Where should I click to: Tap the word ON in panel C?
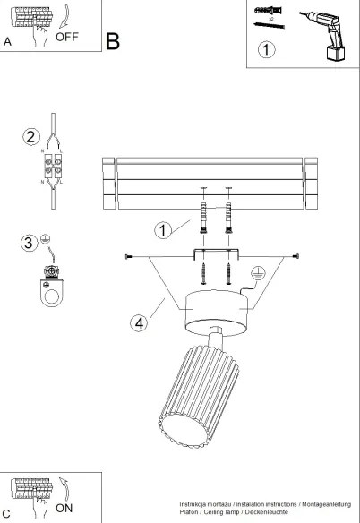pyautogui.click(x=64, y=506)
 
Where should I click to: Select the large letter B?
pyautogui.click(x=113, y=41)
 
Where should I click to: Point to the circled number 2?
pyautogui.click(x=31, y=137)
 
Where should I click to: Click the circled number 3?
pyautogui.click(x=29, y=242)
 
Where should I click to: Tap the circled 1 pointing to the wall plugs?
pyautogui.click(x=162, y=231)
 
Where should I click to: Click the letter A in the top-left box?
pyautogui.click(x=8, y=41)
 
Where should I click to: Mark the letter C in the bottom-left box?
pyautogui.click(x=8, y=514)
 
